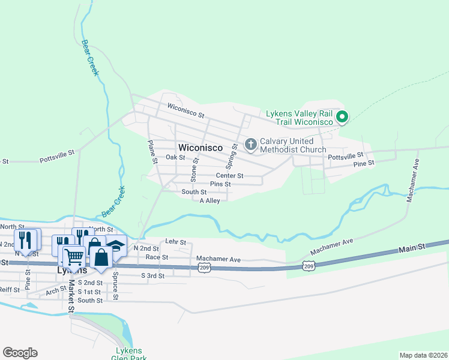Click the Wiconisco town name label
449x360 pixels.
click(x=200, y=147)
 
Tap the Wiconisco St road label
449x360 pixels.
click(x=186, y=110)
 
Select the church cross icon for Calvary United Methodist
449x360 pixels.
click(x=251, y=144)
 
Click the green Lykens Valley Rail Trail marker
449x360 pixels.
click(x=342, y=116)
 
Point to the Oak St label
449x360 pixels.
click(x=175, y=157)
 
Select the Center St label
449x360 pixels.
click(x=231, y=176)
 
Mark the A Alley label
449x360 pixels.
click(x=209, y=201)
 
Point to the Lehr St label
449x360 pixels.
click(x=173, y=241)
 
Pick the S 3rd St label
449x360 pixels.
click(x=152, y=275)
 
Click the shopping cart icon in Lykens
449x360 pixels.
click(x=74, y=257)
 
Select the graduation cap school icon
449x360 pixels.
click(x=115, y=246)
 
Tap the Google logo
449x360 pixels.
click(x=20, y=353)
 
